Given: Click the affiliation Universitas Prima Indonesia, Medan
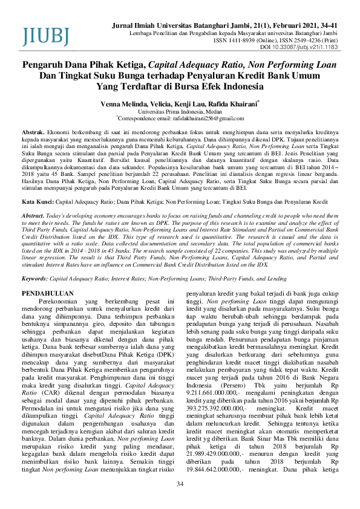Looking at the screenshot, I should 180,112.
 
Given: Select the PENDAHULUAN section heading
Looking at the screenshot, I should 48,292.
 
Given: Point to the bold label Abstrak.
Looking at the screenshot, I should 33,131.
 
